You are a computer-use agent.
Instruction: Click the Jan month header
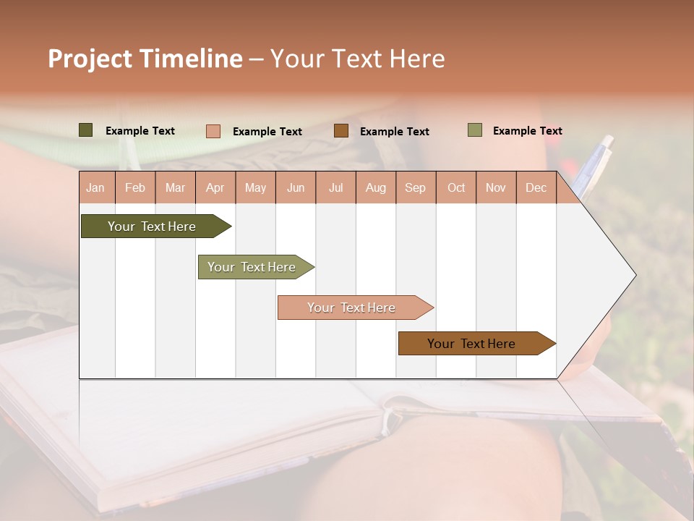click(96, 187)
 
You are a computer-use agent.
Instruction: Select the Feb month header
click(135, 187)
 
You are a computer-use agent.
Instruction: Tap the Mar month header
click(175, 187)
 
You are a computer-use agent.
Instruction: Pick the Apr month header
click(215, 187)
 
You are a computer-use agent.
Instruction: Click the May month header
click(255, 187)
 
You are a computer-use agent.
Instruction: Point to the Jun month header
click(296, 187)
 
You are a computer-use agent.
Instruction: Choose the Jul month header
click(335, 187)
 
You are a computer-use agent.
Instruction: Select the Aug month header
click(376, 187)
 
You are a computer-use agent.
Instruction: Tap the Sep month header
click(416, 187)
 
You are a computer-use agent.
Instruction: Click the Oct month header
click(456, 187)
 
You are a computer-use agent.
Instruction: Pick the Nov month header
click(496, 187)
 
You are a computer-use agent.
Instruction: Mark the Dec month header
click(536, 187)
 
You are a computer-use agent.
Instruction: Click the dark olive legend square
click(86, 130)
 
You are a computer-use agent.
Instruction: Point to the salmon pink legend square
click(213, 131)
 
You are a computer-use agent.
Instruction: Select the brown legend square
click(341, 131)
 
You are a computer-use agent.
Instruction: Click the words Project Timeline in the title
click(145, 59)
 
